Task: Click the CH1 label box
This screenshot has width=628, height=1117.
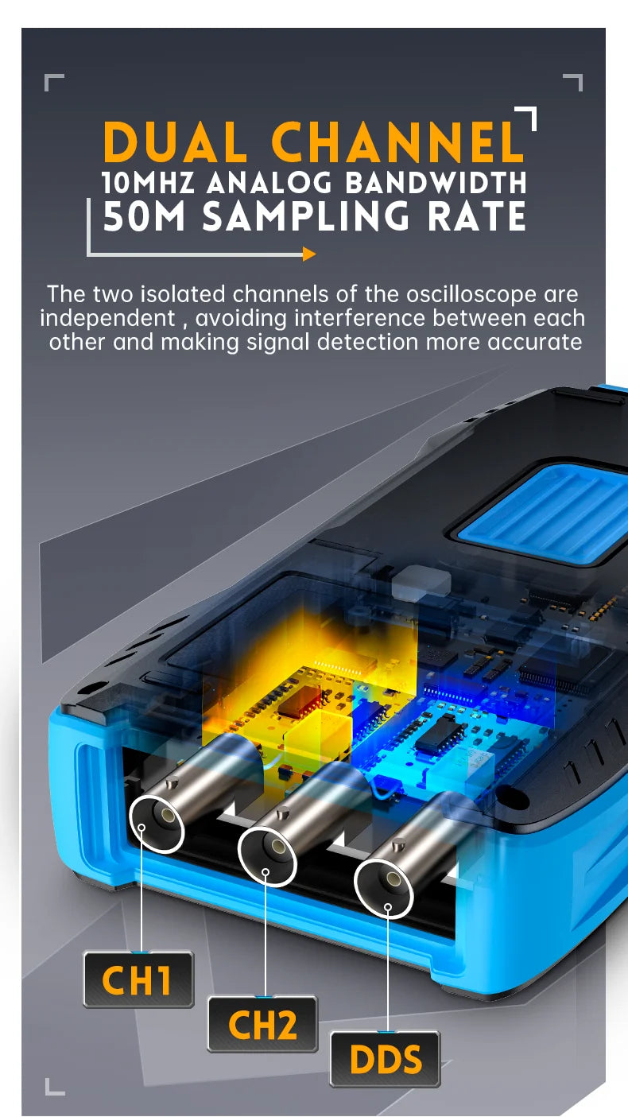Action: tap(138, 980)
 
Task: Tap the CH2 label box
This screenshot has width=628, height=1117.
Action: tap(262, 1024)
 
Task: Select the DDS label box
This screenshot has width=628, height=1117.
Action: tap(386, 1059)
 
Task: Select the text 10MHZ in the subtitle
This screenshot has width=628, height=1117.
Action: tap(148, 183)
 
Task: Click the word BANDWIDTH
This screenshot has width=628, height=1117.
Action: tap(436, 183)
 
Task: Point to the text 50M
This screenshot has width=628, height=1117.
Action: tap(144, 216)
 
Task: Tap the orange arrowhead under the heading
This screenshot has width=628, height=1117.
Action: tap(309, 254)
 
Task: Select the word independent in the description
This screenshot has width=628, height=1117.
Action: tap(107, 319)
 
